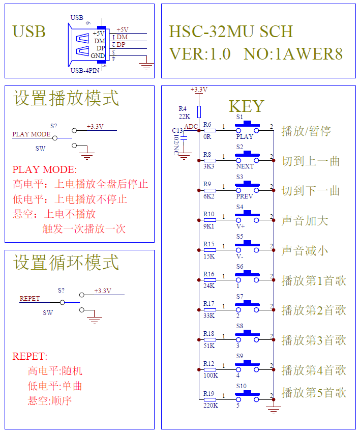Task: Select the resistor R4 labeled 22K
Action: pos(199,112)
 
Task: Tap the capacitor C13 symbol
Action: pos(184,137)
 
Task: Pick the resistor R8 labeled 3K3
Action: pos(209,160)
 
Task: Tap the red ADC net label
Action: pos(191,126)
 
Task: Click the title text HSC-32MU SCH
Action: pos(231,32)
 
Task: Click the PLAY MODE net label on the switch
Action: pos(32,134)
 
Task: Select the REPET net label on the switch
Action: pos(29,299)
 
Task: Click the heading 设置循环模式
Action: pos(66,263)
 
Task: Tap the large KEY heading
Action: pos(247,106)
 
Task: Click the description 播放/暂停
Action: pos(306,131)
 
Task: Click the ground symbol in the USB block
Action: pos(147,65)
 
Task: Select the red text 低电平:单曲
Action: pos(55,386)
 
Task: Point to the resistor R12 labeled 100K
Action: pos(209,369)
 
